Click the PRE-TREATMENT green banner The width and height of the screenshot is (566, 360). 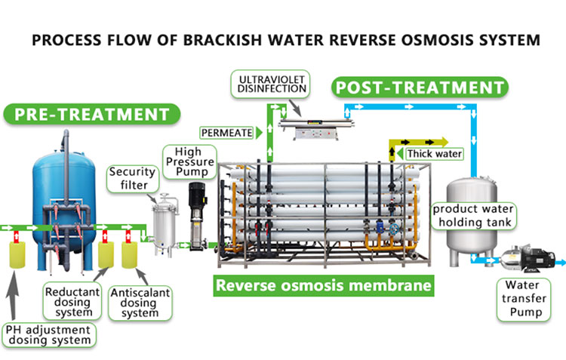(x=92, y=115)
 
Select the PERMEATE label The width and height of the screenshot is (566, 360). (x=226, y=134)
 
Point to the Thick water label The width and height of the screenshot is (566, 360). (x=434, y=154)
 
